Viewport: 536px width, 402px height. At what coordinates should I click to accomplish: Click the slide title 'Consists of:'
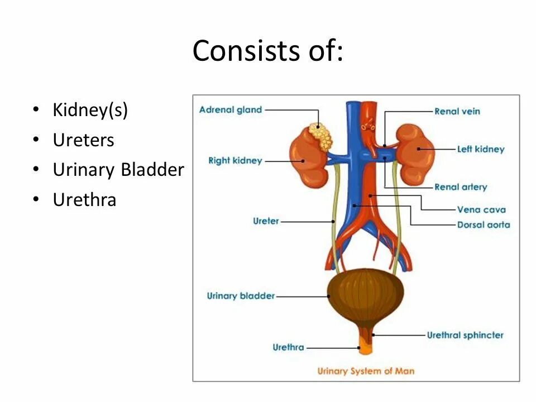tap(267, 51)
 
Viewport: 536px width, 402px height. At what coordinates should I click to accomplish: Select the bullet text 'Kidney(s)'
tap(90, 110)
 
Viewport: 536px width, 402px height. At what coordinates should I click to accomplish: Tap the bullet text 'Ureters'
tap(83, 140)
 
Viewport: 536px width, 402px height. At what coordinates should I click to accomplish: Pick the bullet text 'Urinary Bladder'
tap(118, 170)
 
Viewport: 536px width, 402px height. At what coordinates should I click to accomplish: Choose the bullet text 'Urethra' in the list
tap(84, 200)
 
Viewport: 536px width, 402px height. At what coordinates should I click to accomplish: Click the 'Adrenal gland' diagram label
tap(230, 110)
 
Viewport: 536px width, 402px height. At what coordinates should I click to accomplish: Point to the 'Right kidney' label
tap(234, 161)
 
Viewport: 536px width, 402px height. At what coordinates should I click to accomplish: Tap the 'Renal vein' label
tap(457, 111)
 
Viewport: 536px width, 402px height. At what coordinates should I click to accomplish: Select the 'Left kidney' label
tap(480, 149)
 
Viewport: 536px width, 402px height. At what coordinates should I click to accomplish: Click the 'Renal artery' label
tap(460, 187)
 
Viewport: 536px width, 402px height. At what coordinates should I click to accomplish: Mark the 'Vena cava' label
tap(481, 210)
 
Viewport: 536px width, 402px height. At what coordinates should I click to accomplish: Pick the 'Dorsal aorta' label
tap(483, 225)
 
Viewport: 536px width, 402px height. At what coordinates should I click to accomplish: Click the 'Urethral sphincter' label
tap(465, 336)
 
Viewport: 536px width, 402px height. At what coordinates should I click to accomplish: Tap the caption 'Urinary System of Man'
tap(366, 371)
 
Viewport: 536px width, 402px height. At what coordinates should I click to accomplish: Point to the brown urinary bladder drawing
tap(365, 294)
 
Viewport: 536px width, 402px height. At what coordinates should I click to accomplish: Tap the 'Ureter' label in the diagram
tap(265, 221)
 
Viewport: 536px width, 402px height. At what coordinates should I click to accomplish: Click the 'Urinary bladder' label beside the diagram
tap(241, 296)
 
